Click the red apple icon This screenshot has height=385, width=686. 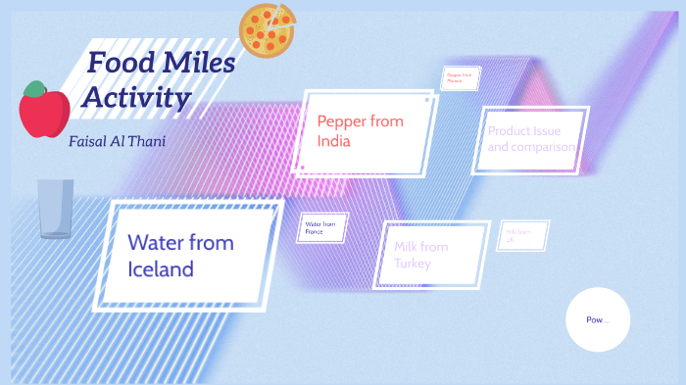coord(44,111)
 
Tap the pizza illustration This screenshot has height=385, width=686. coord(268,29)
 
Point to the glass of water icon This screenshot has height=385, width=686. coord(56,209)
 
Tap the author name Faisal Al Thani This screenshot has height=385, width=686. coord(118,141)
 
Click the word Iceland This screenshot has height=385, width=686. coord(161,267)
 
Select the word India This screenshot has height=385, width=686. coord(333,141)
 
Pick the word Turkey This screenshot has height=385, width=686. coord(413,264)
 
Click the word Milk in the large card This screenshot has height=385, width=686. coord(408,246)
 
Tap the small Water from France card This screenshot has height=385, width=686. coord(322,227)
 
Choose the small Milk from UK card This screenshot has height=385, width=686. coord(522,235)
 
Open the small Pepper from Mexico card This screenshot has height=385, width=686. coord(460,77)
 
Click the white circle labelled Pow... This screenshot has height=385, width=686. coord(598,320)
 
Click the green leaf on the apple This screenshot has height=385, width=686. coord(36,89)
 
